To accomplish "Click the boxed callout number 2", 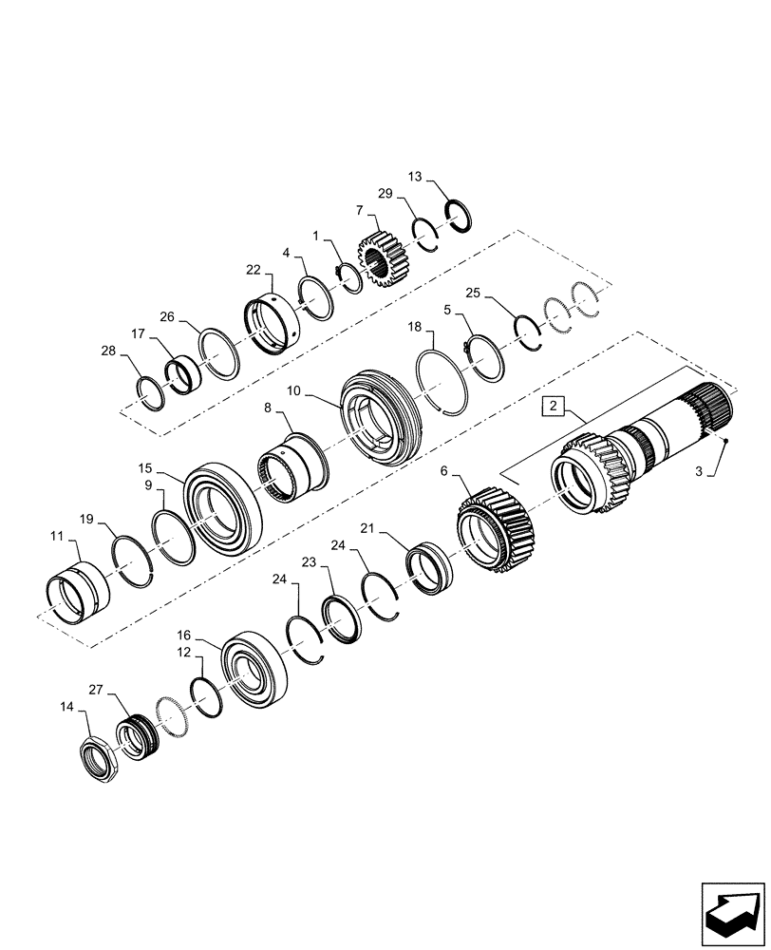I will [x=555, y=408].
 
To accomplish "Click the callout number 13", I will [x=414, y=177].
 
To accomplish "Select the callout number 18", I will [x=415, y=326].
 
